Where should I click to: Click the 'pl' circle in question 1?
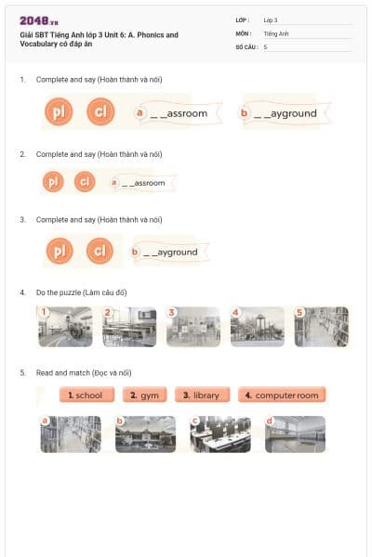[58, 112]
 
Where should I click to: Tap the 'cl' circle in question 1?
[100, 112]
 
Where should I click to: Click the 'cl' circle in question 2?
[85, 182]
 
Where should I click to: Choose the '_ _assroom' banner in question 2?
[141, 183]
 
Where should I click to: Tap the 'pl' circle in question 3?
[58, 252]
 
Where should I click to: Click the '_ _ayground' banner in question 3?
[169, 252]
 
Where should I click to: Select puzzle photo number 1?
[64, 327]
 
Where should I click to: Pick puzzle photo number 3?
[193, 327]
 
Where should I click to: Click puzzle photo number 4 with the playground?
[257, 327]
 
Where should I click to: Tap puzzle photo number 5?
[321, 327]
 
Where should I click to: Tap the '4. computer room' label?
[281, 395]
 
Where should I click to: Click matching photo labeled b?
[144, 434]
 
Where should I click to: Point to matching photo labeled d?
[295, 434]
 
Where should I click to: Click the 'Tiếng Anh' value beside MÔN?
[276, 32]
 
